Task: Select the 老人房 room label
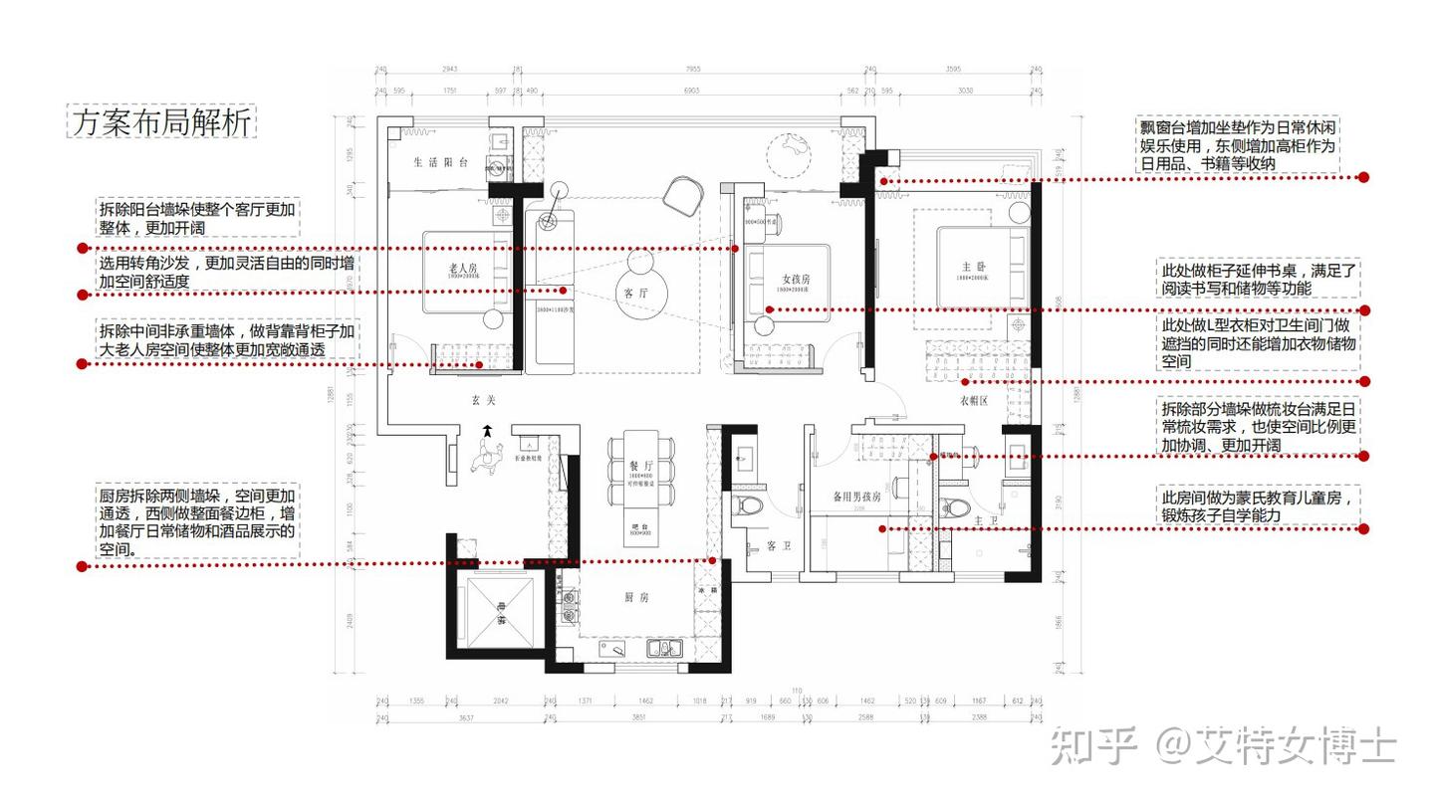[465, 267]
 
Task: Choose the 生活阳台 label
[441, 162]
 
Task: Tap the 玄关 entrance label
[483, 400]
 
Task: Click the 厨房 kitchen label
[636, 597]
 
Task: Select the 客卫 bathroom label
[778, 546]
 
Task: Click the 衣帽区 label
[973, 401]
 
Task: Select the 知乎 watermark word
[1094, 745]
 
